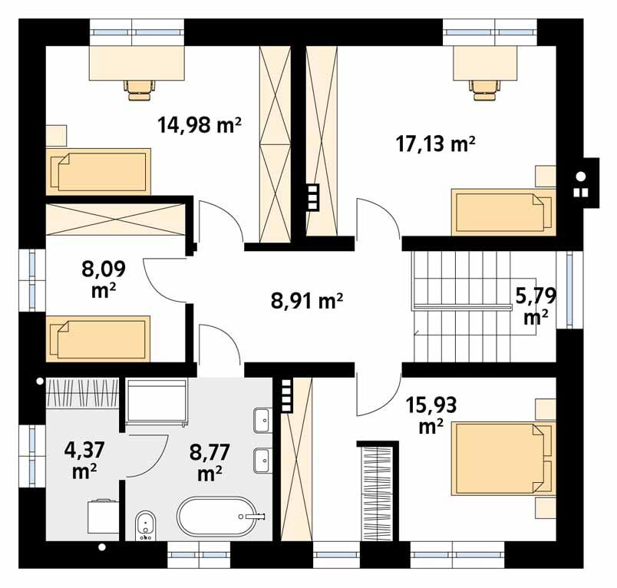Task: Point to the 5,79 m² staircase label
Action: click(536, 304)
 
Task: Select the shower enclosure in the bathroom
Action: click(157, 401)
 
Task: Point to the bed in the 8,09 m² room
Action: click(97, 339)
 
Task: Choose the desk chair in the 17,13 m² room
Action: click(483, 88)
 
